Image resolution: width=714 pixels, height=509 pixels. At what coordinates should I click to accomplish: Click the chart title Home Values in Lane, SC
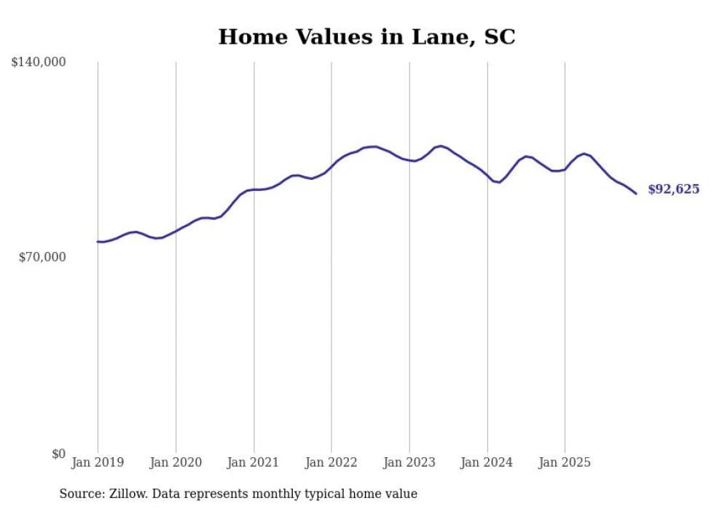(x=366, y=37)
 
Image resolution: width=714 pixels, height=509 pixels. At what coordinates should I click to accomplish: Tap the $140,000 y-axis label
(x=39, y=63)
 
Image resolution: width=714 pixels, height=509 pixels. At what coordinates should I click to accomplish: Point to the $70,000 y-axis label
(x=42, y=257)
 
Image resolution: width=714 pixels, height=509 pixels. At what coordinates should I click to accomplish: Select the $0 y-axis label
(x=58, y=454)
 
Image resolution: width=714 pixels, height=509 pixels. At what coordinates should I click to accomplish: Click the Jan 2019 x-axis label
(x=98, y=462)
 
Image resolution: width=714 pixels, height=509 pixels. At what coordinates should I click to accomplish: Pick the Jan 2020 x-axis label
(x=176, y=462)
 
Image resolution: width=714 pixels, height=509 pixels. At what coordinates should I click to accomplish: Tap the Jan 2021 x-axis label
(x=254, y=462)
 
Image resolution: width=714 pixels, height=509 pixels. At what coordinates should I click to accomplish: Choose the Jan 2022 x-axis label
(x=331, y=462)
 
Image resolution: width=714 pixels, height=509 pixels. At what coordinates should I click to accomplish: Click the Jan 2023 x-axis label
(x=409, y=462)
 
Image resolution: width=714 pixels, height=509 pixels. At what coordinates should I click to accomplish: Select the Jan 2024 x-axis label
(x=487, y=462)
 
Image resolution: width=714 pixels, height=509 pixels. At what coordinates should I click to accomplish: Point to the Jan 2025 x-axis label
(x=565, y=462)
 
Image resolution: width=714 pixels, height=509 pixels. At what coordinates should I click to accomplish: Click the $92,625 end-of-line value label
(x=673, y=189)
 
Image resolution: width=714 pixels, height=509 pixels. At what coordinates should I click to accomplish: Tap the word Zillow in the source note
(x=125, y=494)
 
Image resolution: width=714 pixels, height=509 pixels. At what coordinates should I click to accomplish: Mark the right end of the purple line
(x=636, y=193)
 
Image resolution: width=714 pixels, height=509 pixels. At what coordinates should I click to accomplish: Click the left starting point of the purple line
(x=98, y=242)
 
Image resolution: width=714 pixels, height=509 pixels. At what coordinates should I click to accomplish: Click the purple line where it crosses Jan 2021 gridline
(x=254, y=189)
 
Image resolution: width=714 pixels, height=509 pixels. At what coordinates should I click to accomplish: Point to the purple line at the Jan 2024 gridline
(x=487, y=175)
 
